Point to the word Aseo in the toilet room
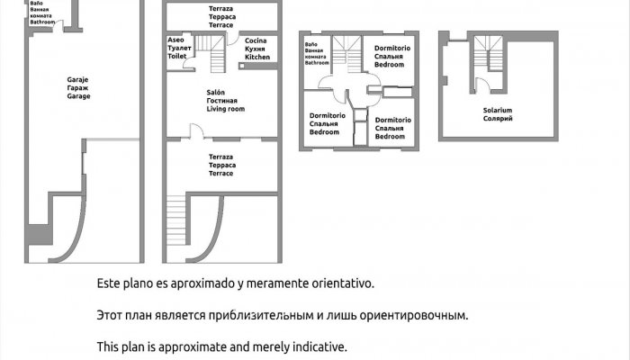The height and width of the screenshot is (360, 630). [x=176, y=41]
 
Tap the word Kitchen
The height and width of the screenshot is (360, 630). [x=257, y=57]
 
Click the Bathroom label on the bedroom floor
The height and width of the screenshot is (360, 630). [x=317, y=63]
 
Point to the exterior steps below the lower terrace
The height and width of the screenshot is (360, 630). [x=178, y=227]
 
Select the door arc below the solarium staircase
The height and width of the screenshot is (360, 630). [x=484, y=88]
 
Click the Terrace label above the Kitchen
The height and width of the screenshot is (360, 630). [x=220, y=25]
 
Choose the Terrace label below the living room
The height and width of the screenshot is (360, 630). [x=220, y=173]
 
